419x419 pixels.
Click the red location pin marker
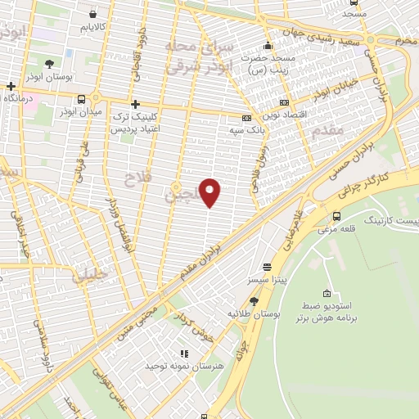click(210, 191)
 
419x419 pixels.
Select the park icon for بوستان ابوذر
click(49, 63)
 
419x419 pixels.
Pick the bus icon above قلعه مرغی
click(337, 216)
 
